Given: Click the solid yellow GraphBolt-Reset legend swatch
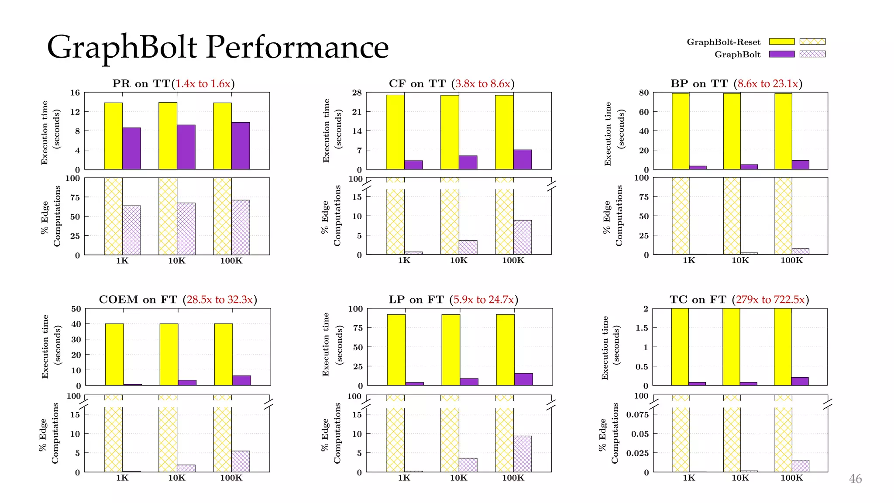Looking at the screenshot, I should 781,41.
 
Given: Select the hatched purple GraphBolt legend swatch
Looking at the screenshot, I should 812,54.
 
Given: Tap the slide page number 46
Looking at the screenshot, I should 855,479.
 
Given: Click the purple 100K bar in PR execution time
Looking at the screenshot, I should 241,146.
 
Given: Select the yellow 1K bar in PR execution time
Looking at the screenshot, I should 113,136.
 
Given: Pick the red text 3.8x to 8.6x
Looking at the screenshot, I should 483,83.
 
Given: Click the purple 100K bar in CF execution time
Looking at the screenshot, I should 523,159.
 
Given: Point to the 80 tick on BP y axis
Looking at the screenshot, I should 644,93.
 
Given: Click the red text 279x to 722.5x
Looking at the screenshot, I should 770,300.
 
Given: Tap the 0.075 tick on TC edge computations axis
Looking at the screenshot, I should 637,414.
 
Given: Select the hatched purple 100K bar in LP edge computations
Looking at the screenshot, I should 523,454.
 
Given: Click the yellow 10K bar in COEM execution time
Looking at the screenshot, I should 169,355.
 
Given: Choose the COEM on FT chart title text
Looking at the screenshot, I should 138,300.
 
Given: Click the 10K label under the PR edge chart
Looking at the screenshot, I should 177,261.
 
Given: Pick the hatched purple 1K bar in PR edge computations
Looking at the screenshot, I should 131,230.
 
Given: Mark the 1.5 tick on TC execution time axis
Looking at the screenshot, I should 641,328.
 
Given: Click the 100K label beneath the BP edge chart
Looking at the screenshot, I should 791,260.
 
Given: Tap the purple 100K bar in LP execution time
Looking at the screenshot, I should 523,379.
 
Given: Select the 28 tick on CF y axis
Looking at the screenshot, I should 357,93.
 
